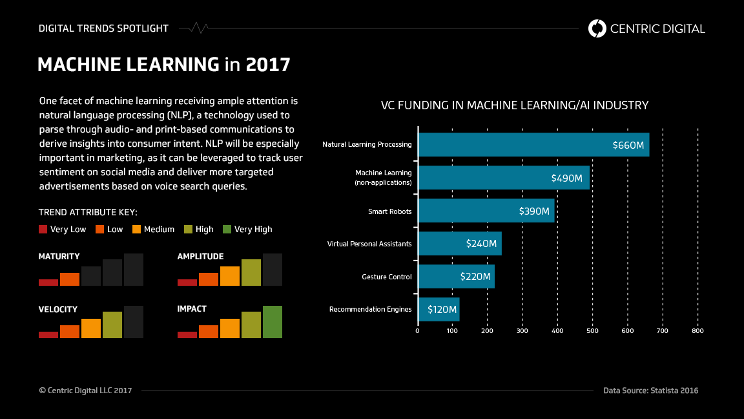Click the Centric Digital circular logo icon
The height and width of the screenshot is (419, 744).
(597, 28)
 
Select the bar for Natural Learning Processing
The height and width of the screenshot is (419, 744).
(533, 145)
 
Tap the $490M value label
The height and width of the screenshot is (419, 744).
(566, 178)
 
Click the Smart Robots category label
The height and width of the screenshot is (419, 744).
(389, 211)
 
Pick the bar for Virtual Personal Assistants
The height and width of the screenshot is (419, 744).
(460, 244)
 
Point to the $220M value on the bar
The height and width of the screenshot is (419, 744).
(475, 277)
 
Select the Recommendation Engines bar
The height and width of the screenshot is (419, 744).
(439, 310)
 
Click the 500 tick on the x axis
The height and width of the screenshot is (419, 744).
(592, 331)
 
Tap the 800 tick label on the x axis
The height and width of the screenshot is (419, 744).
(697, 331)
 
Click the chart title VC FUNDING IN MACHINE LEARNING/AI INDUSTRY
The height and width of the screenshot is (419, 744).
(514, 105)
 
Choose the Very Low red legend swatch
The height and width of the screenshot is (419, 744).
(43, 230)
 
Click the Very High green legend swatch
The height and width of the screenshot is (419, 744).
(227, 230)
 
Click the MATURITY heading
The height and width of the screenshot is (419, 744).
(59, 257)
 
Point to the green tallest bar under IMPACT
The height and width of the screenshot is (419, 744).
(272, 322)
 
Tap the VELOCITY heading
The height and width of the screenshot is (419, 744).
(58, 309)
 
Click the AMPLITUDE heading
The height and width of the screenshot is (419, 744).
(200, 257)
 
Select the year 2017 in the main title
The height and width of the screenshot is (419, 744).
(268, 65)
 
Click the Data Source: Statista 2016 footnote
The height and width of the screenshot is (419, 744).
(650, 391)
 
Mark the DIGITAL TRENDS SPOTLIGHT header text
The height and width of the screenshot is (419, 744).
(103, 28)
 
